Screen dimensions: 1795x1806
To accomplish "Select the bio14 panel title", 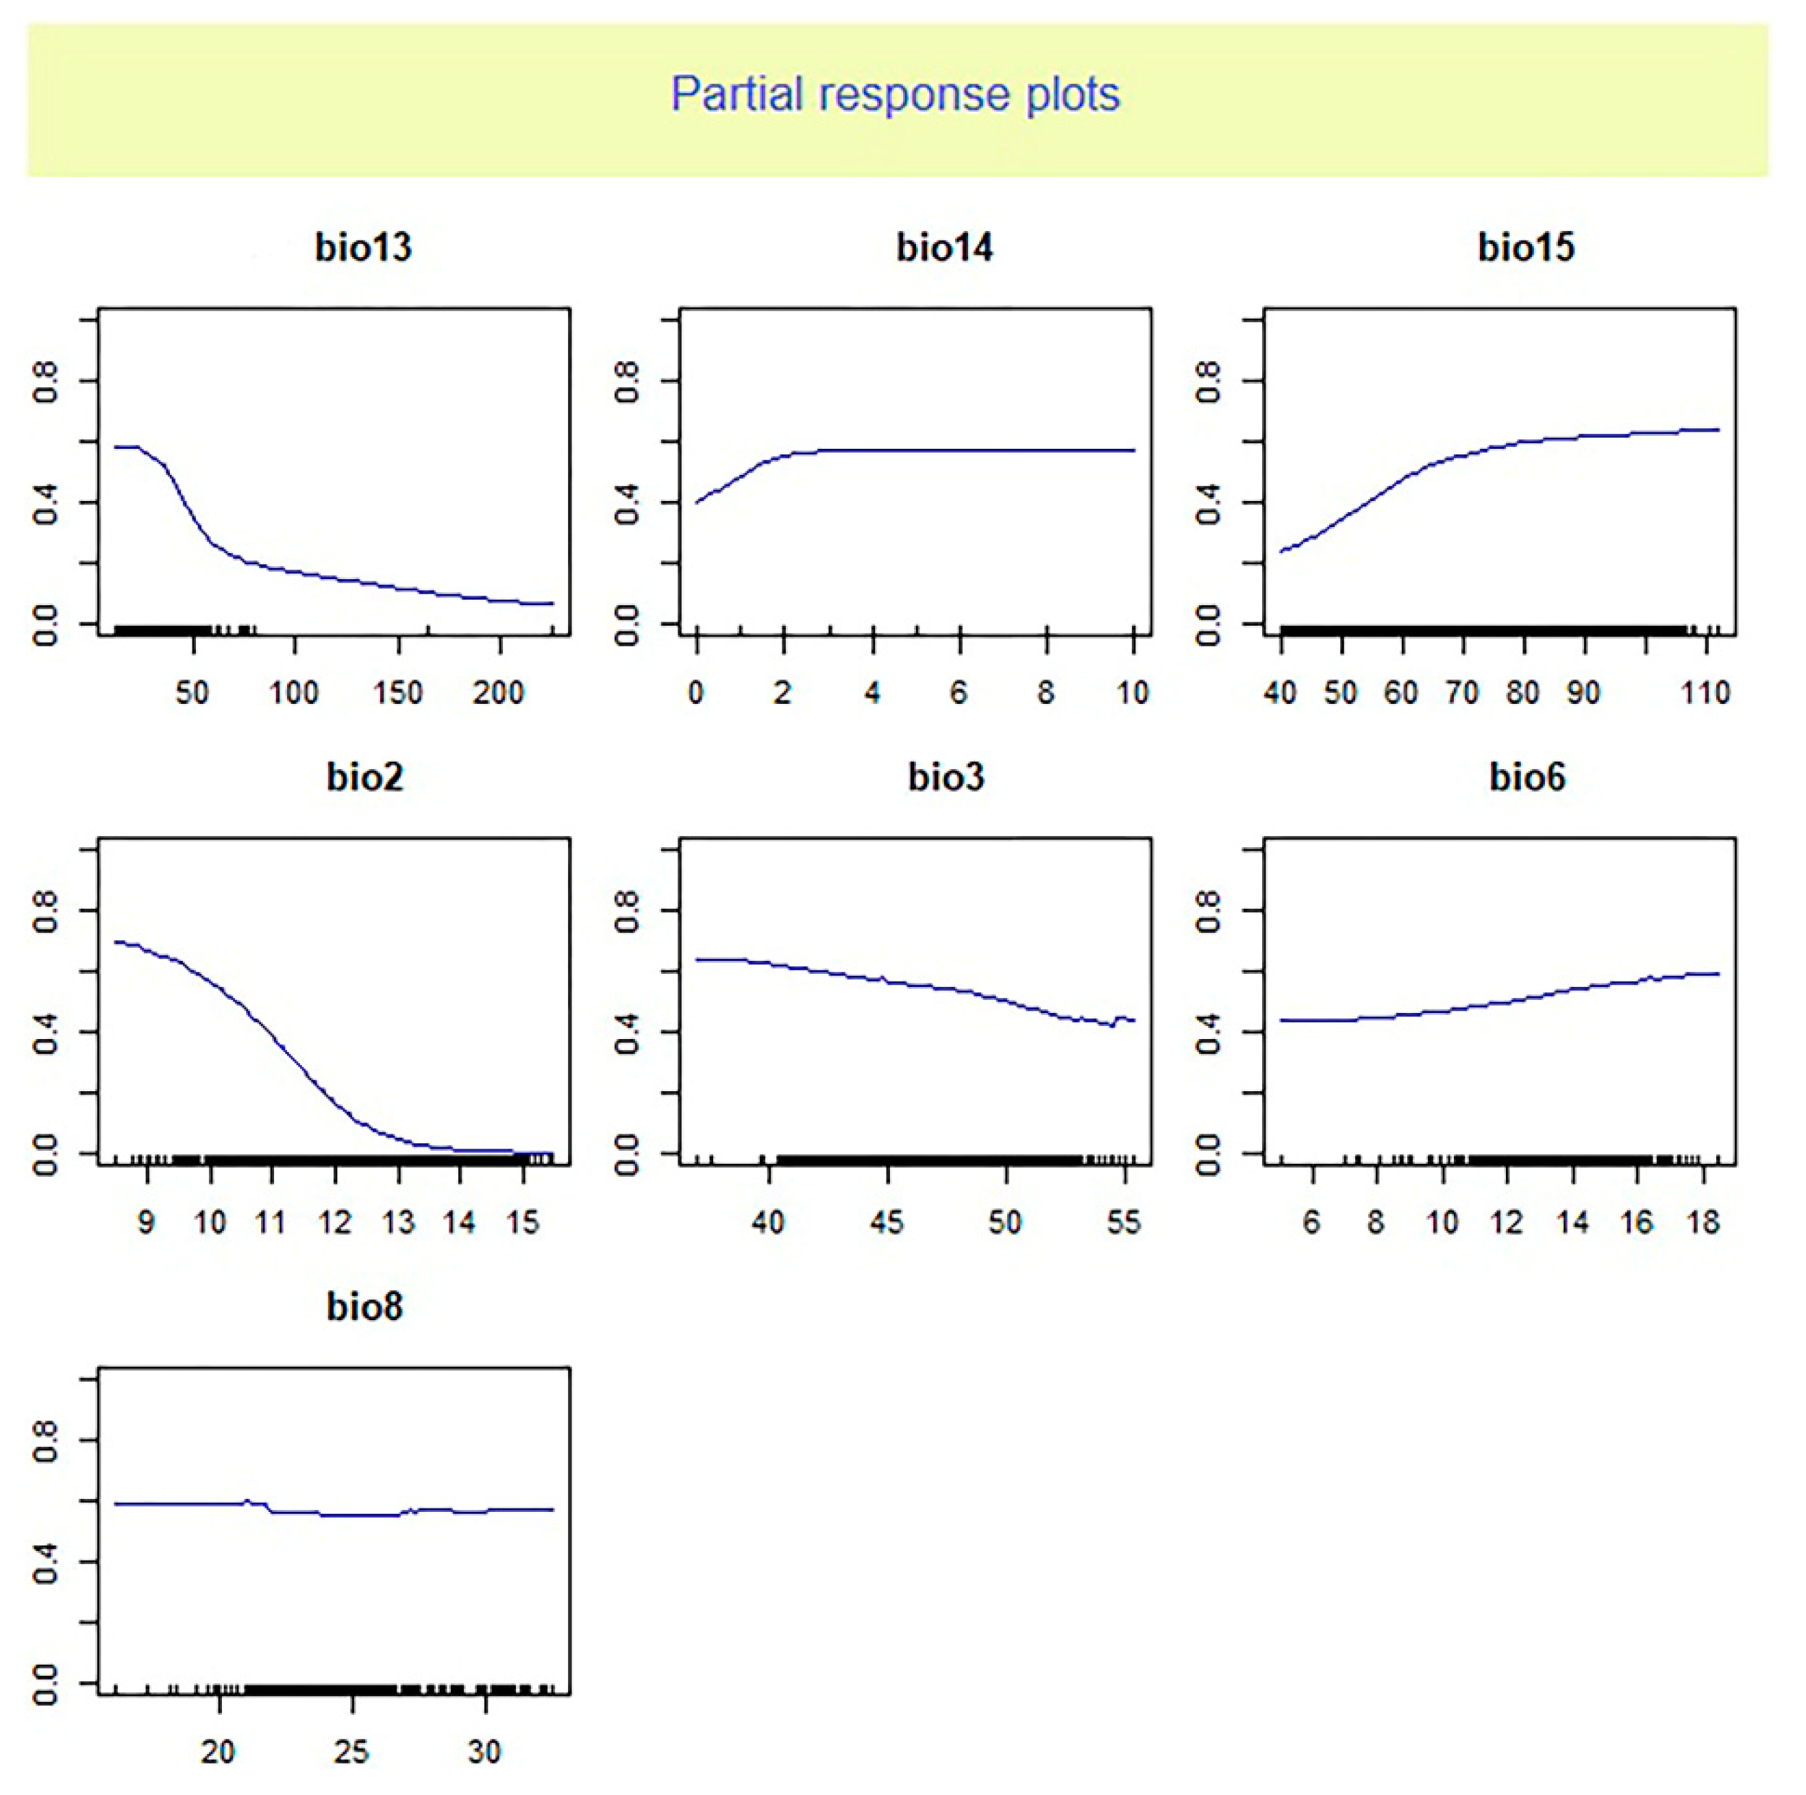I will [944, 247].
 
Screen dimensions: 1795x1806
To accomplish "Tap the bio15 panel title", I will [1526, 247].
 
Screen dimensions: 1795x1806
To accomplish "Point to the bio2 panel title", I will [364, 778].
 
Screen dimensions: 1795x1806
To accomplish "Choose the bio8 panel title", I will [364, 1307].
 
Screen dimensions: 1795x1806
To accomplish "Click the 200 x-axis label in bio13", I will [498, 693].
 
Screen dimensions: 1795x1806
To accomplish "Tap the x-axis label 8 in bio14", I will [1046, 693].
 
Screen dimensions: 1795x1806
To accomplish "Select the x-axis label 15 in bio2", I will [523, 1223].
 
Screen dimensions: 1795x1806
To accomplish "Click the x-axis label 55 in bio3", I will [1124, 1223].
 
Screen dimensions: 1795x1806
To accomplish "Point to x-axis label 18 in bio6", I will [1703, 1223].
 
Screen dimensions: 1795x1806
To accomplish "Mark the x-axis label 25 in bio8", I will [351, 1752].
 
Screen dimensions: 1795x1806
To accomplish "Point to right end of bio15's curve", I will [1718, 430].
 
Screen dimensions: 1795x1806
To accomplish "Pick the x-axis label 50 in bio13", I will [192, 693].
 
